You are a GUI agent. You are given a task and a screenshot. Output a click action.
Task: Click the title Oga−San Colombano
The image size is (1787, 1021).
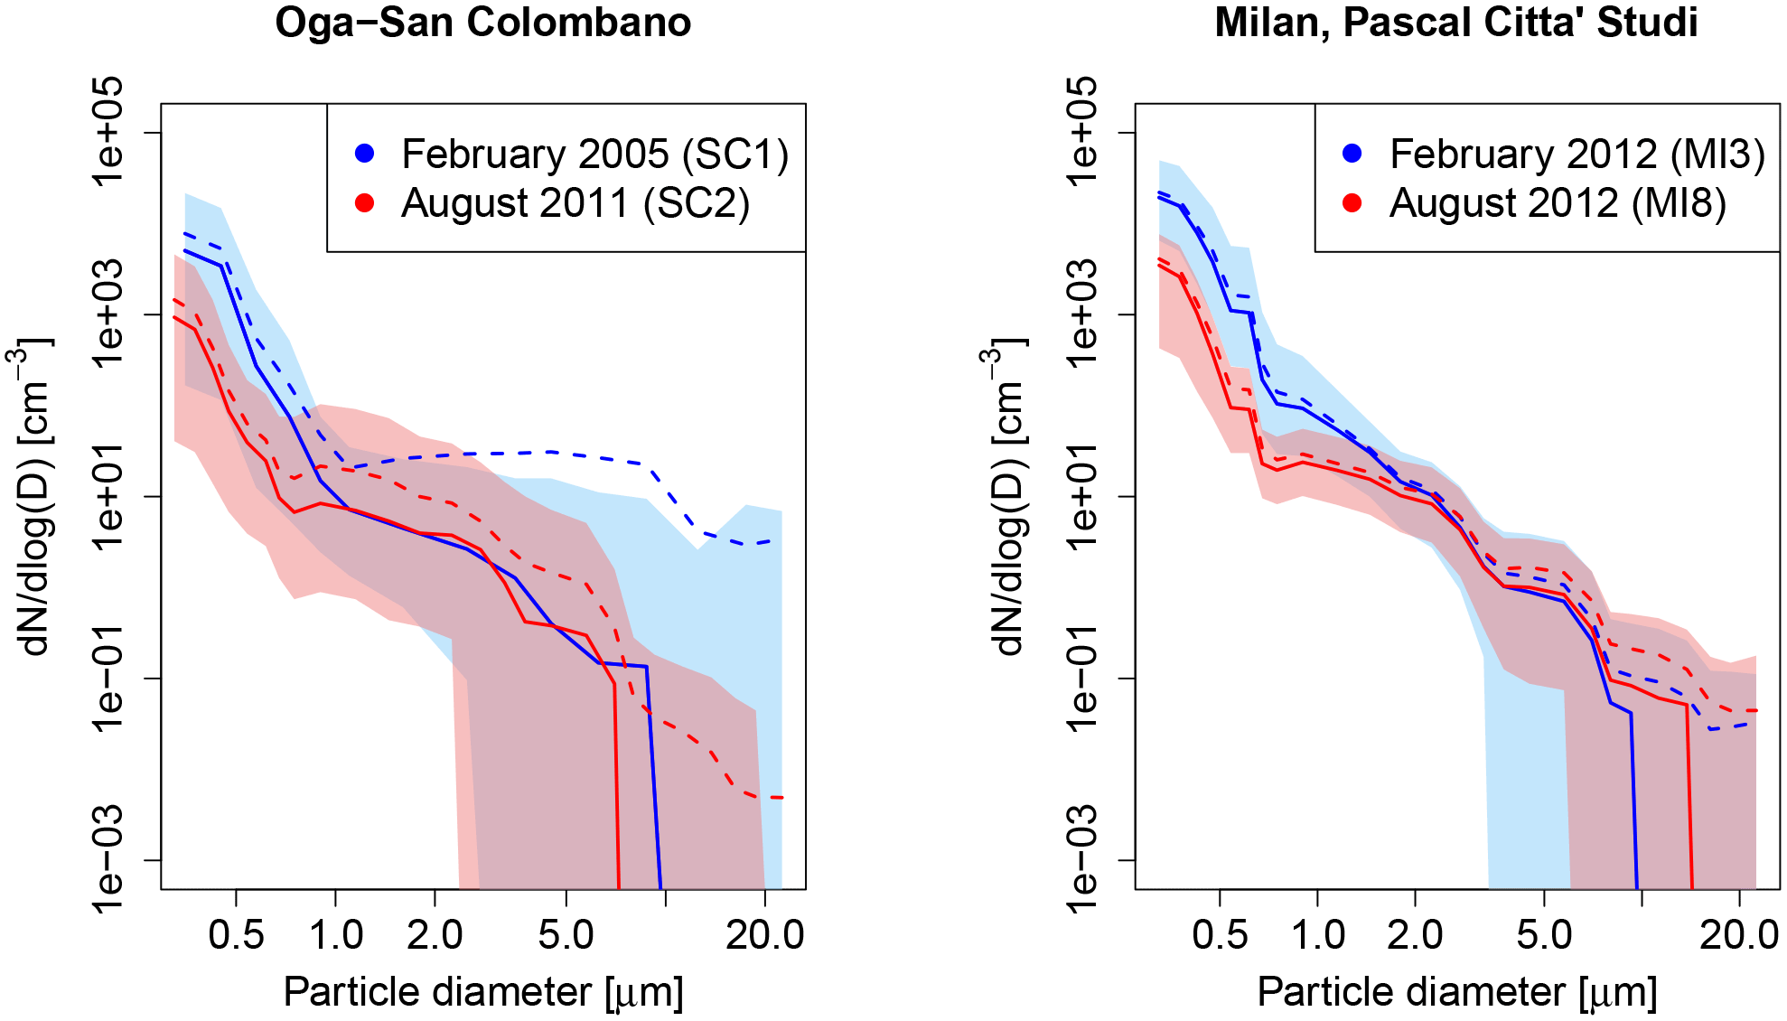(x=483, y=23)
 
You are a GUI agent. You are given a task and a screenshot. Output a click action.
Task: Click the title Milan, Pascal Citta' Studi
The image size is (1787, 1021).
(x=1456, y=23)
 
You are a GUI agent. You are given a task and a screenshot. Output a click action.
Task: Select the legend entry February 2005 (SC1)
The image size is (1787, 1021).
(x=594, y=155)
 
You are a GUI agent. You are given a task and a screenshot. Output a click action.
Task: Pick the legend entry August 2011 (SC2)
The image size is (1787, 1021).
(x=575, y=203)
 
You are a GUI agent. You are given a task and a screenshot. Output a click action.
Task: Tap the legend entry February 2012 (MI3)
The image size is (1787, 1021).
(x=1576, y=155)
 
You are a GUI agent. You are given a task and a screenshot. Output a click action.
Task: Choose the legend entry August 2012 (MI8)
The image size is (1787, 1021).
(x=1558, y=203)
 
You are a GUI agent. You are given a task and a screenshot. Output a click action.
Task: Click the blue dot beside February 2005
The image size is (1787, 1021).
(x=365, y=154)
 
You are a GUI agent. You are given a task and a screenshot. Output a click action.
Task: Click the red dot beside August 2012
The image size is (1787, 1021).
(x=1352, y=203)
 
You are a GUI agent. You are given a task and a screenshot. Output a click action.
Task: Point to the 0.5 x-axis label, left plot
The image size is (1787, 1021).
(x=236, y=935)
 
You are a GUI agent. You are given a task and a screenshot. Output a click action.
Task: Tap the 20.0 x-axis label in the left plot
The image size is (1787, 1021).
(x=764, y=935)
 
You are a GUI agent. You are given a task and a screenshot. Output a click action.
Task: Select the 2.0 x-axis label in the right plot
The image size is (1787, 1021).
(x=1415, y=935)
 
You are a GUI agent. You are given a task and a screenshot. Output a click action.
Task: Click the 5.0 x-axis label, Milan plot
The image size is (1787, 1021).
(x=1544, y=935)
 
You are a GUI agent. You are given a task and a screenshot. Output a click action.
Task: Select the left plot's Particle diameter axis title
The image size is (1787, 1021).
(x=483, y=992)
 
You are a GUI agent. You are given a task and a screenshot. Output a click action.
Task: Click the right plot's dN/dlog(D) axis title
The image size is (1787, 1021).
(x=1005, y=496)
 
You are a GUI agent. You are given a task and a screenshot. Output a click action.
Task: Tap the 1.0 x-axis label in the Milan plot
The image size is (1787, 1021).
(x=1317, y=935)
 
